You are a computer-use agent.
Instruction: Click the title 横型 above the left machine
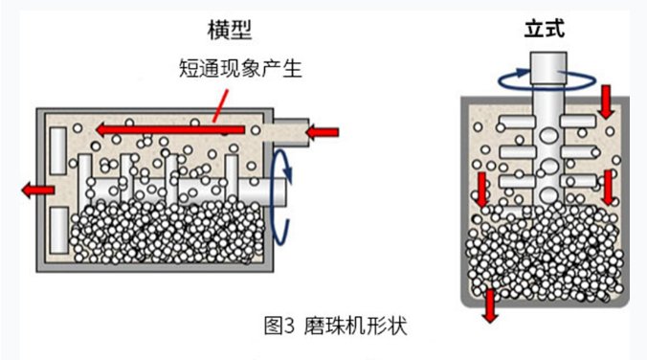[x=230, y=30]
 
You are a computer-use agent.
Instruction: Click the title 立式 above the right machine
[x=545, y=29]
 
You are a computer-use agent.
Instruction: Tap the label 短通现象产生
[x=240, y=68]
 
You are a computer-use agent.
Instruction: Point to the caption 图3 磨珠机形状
[x=336, y=326]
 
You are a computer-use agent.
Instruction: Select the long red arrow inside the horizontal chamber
[x=170, y=129]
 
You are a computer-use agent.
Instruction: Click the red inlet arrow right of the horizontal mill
[x=322, y=132]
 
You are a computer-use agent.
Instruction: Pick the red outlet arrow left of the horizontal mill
[x=38, y=190]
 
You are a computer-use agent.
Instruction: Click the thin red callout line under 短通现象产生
[x=220, y=106]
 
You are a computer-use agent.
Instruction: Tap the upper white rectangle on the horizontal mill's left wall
[x=58, y=150]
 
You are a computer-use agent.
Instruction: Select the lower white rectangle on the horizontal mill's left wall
[x=59, y=231]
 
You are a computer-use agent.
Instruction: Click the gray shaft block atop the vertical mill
[x=548, y=69]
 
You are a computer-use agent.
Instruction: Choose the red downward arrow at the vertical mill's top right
[x=606, y=101]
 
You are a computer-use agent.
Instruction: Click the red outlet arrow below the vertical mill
[x=490, y=305]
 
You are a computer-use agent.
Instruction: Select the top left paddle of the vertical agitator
[x=517, y=122]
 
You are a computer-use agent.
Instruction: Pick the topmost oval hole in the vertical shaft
[x=548, y=135]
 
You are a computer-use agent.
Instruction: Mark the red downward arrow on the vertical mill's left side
[x=482, y=190]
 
